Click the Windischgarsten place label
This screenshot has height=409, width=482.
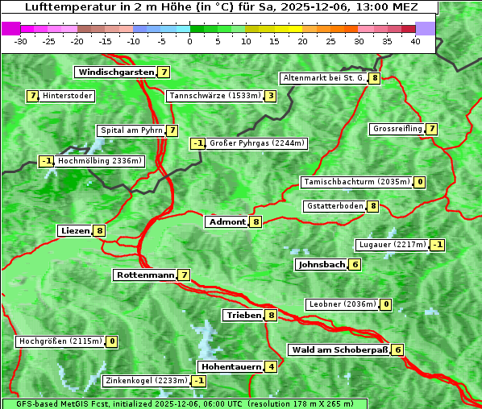pyautogui.click(x=115, y=72)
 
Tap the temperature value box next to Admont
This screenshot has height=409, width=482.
pyautogui.click(x=256, y=221)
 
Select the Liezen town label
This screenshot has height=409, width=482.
pyautogui.click(x=75, y=231)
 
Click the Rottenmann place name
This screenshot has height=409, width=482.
pyautogui.click(x=145, y=275)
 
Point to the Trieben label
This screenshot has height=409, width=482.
pyautogui.click(x=243, y=316)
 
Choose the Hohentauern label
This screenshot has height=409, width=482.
pyautogui.click(x=231, y=367)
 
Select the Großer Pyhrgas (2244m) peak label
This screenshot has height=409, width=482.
pyautogui.click(x=257, y=144)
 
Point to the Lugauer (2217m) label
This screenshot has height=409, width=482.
pyautogui.click(x=392, y=245)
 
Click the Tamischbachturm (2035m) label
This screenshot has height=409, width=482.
pyautogui.click(x=355, y=182)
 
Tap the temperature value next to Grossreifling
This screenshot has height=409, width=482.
pyautogui.click(x=432, y=129)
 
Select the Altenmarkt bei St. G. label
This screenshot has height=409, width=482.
pyautogui.click(x=323, y=78)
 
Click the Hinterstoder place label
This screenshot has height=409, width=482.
pyautogui.click(x=68, y=97)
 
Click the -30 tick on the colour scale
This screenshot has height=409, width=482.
pyautogui.click(x=21, y=41)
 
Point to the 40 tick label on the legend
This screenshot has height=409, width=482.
pyautogui.click(x=415, y=41)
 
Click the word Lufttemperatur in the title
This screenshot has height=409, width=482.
pyautogui.click(x=60, y=7)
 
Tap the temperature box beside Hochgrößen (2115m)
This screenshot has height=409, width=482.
pyautogui.click(x=112, y=341)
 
